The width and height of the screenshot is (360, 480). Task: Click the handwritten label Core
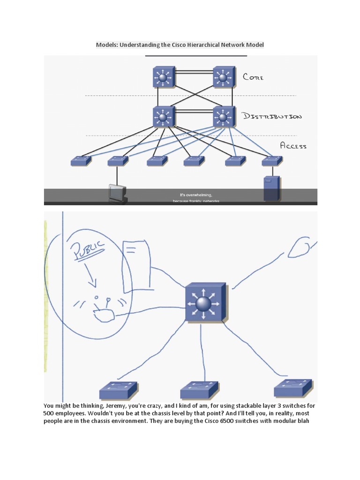coord(253,76)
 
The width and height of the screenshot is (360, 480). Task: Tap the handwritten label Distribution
coord(272,116)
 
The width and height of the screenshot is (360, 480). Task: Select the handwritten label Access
coord(293,145)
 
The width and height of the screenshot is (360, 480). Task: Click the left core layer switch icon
coord(163,77)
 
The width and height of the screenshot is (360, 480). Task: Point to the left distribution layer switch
coord(163,117)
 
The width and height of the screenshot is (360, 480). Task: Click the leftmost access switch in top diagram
coord(81,161)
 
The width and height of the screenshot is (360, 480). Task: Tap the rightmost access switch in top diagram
coord(272,160)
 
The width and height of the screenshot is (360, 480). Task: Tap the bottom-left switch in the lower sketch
coord(118,390)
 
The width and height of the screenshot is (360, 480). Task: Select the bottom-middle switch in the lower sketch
coord(199,390)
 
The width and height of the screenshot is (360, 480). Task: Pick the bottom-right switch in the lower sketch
coord(292,388)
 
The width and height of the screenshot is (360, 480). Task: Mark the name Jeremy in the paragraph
coord(109,405)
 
